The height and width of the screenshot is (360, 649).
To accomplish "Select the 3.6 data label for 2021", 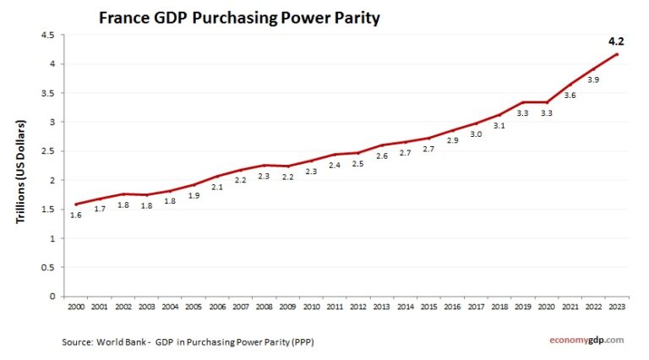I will [x=570, y=95].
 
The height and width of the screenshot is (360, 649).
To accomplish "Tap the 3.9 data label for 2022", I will [x=593, y=80].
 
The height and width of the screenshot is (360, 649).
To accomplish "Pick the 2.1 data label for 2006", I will [x=216, y=187].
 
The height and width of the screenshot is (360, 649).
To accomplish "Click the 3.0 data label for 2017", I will [x=477, y=134].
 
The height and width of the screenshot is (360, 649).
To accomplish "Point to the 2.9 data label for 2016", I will [x=453, y=141].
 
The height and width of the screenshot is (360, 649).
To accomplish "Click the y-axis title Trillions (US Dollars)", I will [x=21, y=172].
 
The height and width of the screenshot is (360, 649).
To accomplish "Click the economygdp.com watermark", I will [x=583, y=340].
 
